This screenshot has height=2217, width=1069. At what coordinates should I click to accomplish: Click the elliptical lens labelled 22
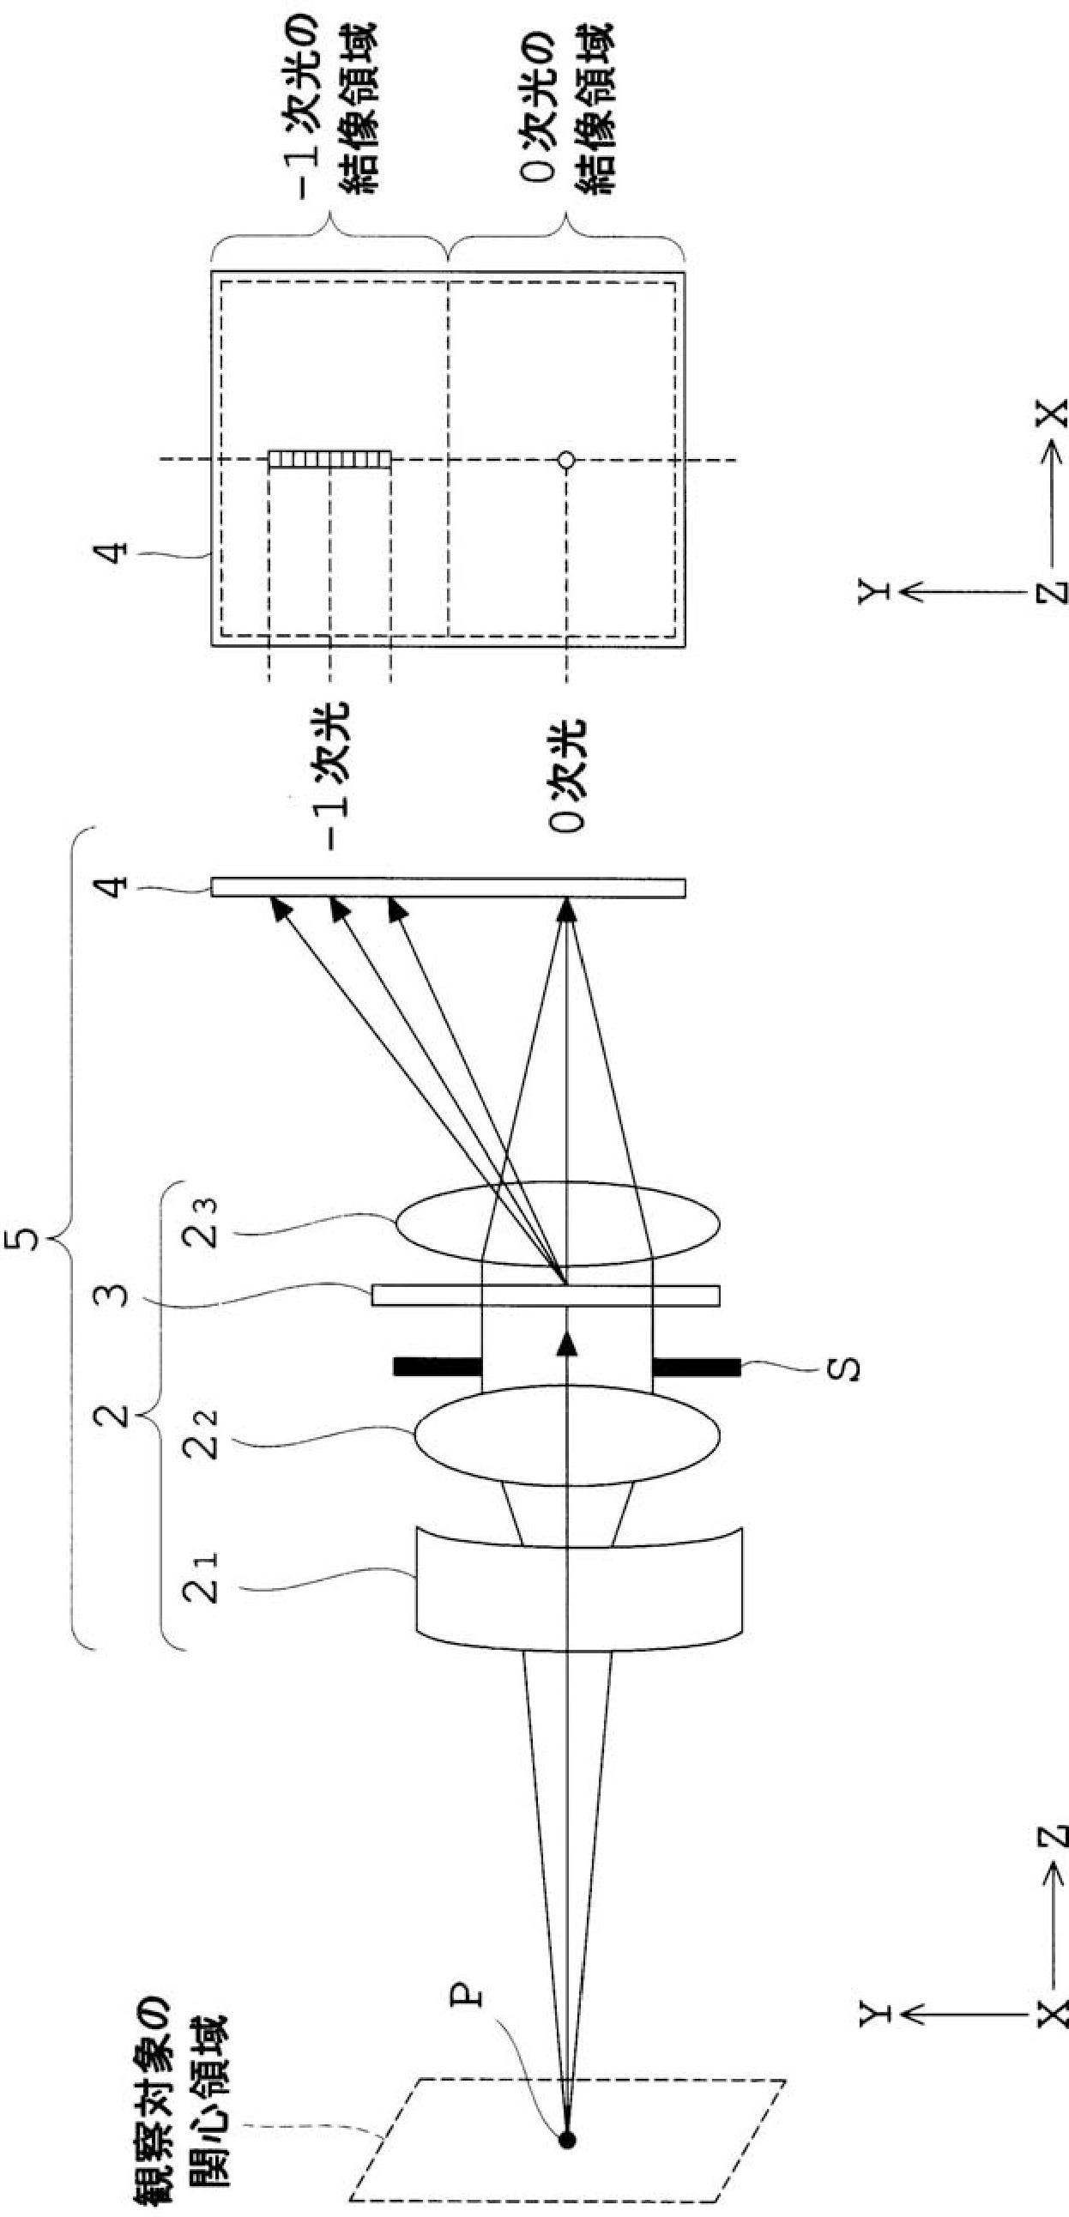pyautogui.click(x=568, y=1435)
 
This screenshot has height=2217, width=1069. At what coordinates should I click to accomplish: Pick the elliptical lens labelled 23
pyautogui.click(x=558, y=1223)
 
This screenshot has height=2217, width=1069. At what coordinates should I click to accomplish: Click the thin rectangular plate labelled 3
pyautogui.click(x=546, y=1296)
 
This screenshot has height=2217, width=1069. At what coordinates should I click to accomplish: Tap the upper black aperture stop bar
pyautogui.click(x=437, y=1365)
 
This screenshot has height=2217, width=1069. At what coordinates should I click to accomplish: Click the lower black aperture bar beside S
pyautogui.click(x=697, y=1365)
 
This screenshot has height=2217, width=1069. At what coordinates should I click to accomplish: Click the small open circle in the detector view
pyautogui.click(x=565, y=461)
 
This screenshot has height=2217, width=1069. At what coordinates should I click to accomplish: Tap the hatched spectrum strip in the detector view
pyautogui.click(x=329, y=460)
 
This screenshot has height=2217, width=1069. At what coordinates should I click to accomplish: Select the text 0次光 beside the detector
pyautogui.click(x=567, y=775)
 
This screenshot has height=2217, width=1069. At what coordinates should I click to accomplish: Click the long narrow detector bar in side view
pyautogui.click(x=448, y=887)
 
